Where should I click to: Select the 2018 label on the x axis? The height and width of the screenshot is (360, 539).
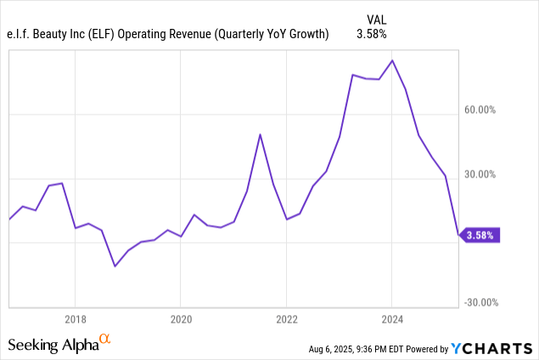click(75, 319)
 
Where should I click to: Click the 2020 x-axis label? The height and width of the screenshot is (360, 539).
click(181, 319)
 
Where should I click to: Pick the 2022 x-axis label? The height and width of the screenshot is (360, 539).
click(286, 319)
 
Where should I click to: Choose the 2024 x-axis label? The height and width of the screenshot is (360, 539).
click(391, 319)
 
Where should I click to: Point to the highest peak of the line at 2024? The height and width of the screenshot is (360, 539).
click(391, 61)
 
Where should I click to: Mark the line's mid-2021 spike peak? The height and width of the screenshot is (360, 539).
click(260, 134)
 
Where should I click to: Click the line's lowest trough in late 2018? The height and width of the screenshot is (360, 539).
click(115, 266)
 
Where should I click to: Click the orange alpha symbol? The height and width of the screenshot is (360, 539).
click(104, 340)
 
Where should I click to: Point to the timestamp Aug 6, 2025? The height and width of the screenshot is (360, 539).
click(334, 349)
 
